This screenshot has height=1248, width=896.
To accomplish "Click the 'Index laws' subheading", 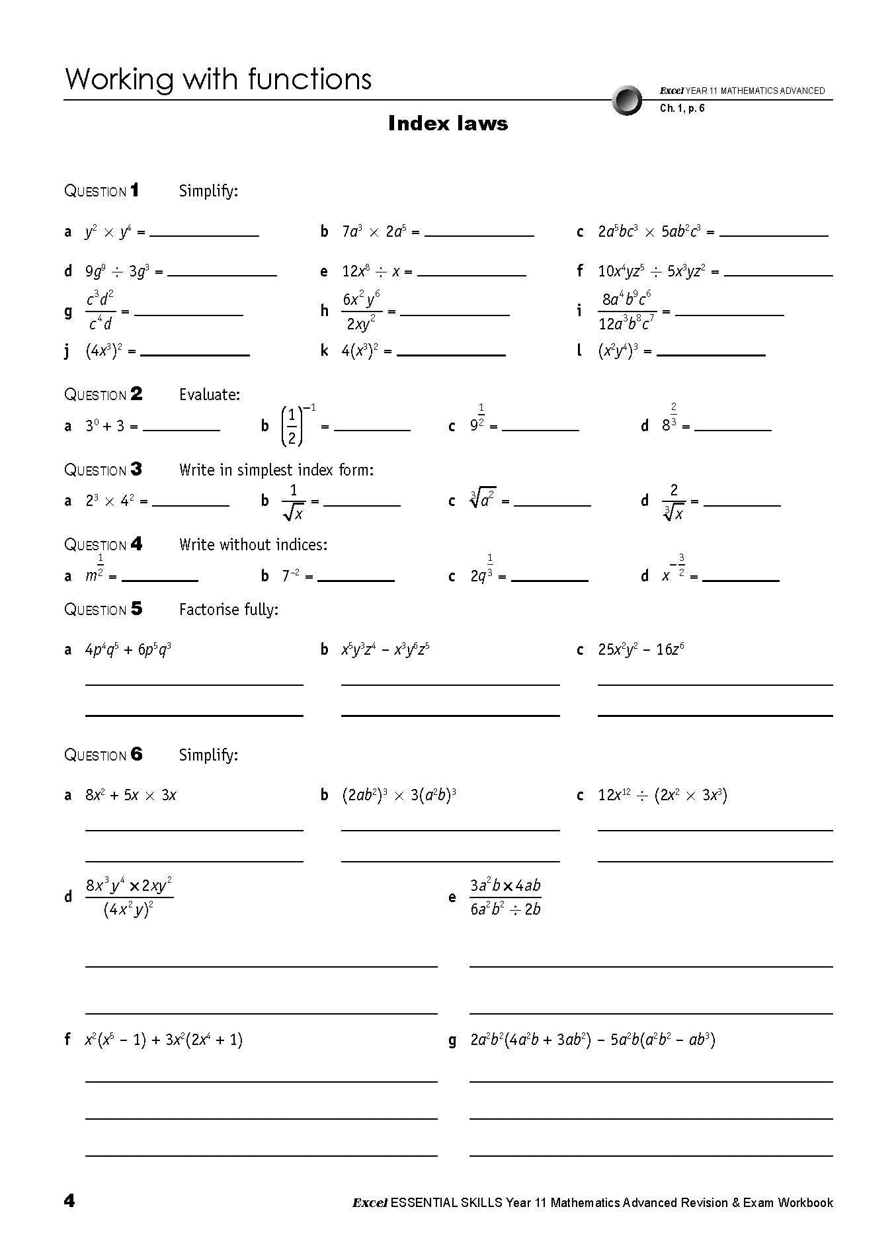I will click(x=448, y=124).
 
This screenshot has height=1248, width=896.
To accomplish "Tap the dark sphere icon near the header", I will click(x=627, y=101).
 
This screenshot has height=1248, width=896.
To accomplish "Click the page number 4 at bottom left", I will click(x=69, y=1201).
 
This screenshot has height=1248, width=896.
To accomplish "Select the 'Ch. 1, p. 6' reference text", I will click(x=682, y=108).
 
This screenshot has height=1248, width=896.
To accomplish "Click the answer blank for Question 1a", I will click(x=204, y=235).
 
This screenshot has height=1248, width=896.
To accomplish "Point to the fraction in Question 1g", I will click(x=100, y=310).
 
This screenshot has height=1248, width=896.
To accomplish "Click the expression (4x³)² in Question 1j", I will click(x=104, y=351).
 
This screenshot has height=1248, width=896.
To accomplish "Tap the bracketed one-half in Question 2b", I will click(x=292, y=427).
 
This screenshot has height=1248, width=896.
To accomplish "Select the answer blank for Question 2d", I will click(x=733, y=429).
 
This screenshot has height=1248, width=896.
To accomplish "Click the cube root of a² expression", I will click(x=483, y=499).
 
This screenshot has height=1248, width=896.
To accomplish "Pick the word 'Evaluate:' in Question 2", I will click(x=210, y=395).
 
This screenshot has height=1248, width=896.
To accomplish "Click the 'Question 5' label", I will click(x=103, y=609).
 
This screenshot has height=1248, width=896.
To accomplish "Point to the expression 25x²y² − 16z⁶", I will click(x=641, y=649).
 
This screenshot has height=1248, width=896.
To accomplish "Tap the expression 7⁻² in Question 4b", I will click(x=291, y=576).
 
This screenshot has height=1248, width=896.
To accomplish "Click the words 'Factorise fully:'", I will click(x=229, y=609).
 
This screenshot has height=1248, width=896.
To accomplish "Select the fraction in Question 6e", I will click(x=505, y=897).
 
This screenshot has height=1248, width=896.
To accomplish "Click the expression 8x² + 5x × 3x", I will click(x=130, y=795).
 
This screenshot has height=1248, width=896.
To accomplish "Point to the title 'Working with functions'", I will click(x=218, y=79).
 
